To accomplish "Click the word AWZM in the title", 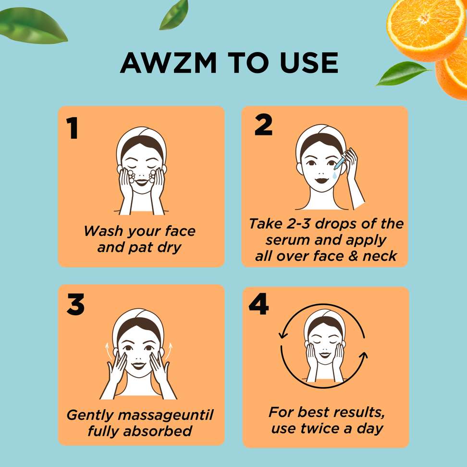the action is tap(168, 63).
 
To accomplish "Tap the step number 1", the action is tap(73, 128).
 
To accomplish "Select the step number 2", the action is tap(263, 125).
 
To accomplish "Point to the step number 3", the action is tap(75, 304).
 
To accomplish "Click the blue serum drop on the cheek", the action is tap(335, 175).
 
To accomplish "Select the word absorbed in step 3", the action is tap(158, 431).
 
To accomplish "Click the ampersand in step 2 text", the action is tap(353, 256).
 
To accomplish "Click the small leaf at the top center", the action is tap(174, 15).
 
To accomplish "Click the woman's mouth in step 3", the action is tap(138, 366).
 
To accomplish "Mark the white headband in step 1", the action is tap(141, 140).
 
